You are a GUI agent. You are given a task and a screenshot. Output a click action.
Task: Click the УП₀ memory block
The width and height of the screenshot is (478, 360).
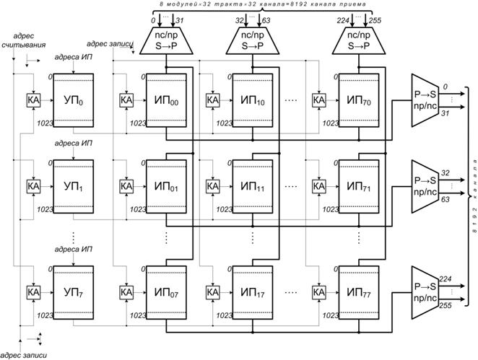click(x=74, y=100)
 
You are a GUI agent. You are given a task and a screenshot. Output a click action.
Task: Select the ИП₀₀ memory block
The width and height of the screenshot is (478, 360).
click(x=166, y=100)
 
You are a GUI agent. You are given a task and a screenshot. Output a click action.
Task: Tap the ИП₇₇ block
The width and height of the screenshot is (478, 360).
click(x=359, y=293)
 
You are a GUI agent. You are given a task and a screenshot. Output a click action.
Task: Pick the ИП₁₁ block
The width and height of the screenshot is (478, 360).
click(x=253, y=186)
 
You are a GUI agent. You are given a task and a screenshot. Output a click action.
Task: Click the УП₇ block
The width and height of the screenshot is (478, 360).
click(x=74, y=293)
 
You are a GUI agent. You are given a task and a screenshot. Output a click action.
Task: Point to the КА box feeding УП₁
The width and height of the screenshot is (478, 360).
click(x=33, y=186)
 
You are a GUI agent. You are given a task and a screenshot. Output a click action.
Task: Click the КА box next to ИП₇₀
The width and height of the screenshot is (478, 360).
click(x=319, y=100)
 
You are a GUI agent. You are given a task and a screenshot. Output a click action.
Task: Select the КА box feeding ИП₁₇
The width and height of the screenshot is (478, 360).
click(x=213, y=293)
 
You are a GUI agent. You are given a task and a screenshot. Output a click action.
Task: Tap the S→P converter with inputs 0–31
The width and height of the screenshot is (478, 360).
click(x=166, y=41)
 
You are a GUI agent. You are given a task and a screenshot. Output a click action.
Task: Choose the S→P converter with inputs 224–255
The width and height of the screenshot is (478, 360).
click(x=359, y=41)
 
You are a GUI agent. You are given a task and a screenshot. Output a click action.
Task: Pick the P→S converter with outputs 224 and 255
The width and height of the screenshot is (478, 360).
click(x=425, y=293)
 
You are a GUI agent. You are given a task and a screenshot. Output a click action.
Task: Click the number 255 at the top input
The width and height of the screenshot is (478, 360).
click(x=375, y=21)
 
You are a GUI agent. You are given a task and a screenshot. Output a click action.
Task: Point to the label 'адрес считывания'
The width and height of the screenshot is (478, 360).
click(x=24, y=40)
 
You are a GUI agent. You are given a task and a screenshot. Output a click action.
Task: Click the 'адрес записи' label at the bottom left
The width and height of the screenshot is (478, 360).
click(x=24, y=356)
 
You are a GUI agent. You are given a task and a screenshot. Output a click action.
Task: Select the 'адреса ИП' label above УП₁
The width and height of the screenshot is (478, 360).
click(x=73, y=143)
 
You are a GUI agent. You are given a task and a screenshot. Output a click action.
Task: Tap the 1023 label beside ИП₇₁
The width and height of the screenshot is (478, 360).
click(x=331, y=209)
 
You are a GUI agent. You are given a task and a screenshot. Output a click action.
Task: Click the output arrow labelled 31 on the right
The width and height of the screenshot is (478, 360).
click(x=452, y=107)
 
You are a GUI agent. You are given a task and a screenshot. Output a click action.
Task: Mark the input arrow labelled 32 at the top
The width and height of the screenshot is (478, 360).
click(x=245, y=20)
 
